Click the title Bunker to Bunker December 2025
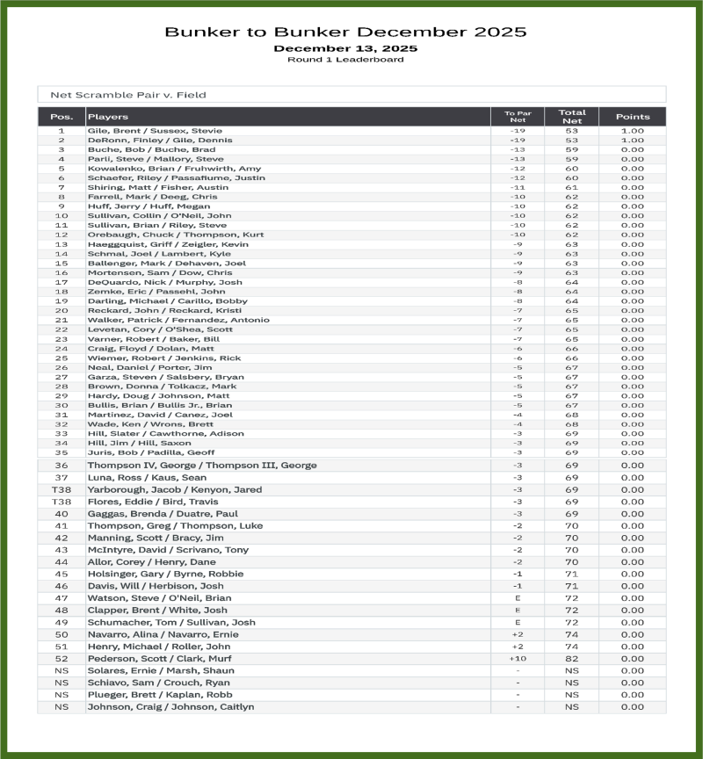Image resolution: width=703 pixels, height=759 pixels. [x=345, y=33]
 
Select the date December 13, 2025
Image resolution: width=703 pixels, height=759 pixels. [x=345, y=48]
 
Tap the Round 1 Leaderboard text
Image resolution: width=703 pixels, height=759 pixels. [x=345, y=60]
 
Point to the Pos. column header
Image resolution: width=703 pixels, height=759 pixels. [x=62, y=117]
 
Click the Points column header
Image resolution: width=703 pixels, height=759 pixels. [x=632, y=117]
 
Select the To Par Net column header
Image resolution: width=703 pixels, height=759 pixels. [x=518, y=117]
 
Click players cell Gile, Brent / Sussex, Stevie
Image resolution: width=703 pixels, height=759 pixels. [x=155, y=131]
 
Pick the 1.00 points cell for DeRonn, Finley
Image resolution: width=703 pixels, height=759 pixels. [x=632, y=141]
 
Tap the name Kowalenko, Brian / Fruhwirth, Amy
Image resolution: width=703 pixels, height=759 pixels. [x=173, y=169]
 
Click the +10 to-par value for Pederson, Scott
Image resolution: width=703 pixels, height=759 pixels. [x=518, y=659]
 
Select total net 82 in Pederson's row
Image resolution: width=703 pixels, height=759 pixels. [x=571, y=659]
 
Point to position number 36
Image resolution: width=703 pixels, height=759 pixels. [x=62, y=466]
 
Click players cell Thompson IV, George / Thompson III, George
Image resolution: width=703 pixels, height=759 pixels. [x=201, y=466]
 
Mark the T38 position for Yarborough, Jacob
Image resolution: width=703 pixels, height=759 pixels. [x=62, y=489]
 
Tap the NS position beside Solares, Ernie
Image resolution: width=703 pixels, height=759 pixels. [x=62, y=670]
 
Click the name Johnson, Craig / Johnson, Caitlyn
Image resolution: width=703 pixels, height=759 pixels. [x=170, y=706]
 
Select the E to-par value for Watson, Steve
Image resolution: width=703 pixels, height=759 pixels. [x=518, y=598]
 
